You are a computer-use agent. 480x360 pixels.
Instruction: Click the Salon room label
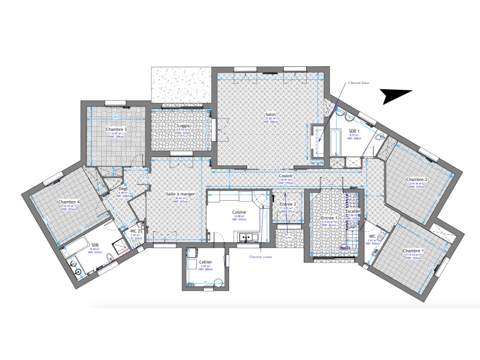click(x=270, y=115)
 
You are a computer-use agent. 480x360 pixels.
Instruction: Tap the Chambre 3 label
click(x=116, y=130)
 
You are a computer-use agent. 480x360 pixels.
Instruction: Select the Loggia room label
click(x=183, y=126)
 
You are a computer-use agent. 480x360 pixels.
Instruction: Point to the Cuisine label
click(x=239, y=212)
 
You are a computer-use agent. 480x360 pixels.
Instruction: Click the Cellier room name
click(x=206, y=262)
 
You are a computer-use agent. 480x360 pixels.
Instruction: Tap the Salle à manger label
click(x=180, y=194)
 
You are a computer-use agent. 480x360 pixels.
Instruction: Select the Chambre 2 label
click(x=417, y=180)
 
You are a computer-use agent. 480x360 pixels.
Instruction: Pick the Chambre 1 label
click(x=413, y=251)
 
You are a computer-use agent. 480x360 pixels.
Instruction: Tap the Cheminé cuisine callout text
click(x=261, y=257)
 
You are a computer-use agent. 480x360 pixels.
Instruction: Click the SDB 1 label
click(x=354, y=131)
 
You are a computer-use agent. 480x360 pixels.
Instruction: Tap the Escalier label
click(x=353, y=211)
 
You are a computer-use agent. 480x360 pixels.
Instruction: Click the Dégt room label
click(x=123, y=189)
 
